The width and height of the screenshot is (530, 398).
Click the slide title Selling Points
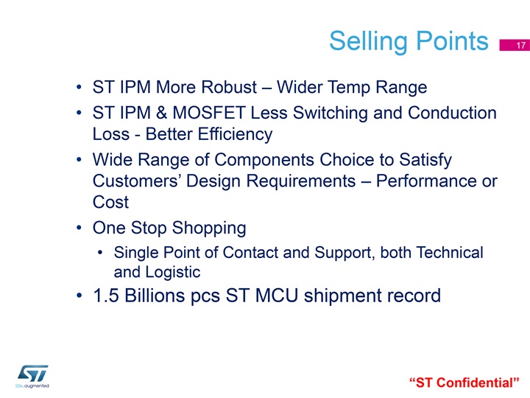pos(409,41)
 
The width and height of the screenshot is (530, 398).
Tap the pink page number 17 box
pos(515,45)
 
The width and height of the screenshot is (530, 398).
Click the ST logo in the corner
pos(32,376)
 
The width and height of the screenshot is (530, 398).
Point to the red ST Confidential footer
pos(464,383)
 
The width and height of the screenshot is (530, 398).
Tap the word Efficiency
pos(235,134)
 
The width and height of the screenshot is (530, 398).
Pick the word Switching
pos(330,114)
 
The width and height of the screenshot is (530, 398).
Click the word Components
pos(264,160)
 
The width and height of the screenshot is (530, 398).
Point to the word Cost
pos(110,203)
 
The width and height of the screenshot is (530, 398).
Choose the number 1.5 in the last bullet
pos(106,296)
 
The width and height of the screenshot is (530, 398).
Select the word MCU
pos(277,296)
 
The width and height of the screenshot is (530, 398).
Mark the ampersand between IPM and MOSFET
pos(161,113)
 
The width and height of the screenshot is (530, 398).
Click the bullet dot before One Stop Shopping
pos(79,228)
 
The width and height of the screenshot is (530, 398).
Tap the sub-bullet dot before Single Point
pos(100,253)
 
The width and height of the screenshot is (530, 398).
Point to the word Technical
pos(450,253)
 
